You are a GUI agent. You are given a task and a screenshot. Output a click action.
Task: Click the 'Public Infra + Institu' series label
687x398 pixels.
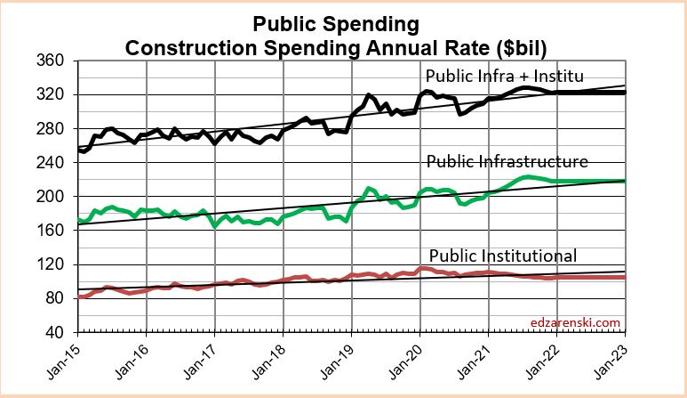click(505, 74)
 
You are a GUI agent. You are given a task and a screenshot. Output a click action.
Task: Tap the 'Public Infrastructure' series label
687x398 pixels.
click(507, 161)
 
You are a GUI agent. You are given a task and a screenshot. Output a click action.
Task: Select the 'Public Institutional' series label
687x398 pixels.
click(503, 256)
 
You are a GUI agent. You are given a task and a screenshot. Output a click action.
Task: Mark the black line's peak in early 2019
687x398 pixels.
click(367, 93)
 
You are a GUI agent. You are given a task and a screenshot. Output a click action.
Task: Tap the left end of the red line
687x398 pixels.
click(80, 296)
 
